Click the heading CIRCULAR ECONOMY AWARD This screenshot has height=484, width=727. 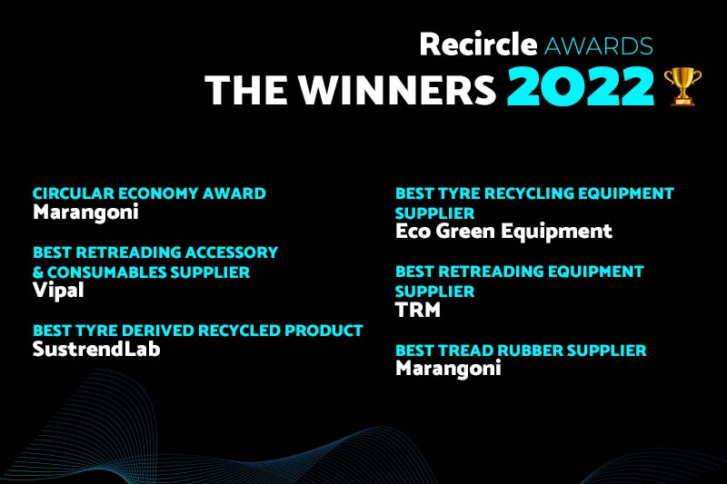pyautogui.click(x=149, y=193)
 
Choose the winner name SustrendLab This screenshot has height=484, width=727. pyautogui.click(x=96, y=349)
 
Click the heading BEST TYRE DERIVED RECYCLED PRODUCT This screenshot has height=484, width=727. pyautogui.click(x=197, y=331)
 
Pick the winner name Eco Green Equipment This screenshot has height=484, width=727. pyautogui.click(x=503, y=232)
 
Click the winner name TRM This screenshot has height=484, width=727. pyautogui.click(x=419, y=311)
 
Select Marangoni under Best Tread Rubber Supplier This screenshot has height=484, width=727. pyautogui.click(x=448, y=368)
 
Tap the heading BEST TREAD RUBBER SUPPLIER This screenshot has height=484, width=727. pyautogui.click(x=521, y=350)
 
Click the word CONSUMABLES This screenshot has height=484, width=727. pyautogui.click(x=106, y=272)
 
